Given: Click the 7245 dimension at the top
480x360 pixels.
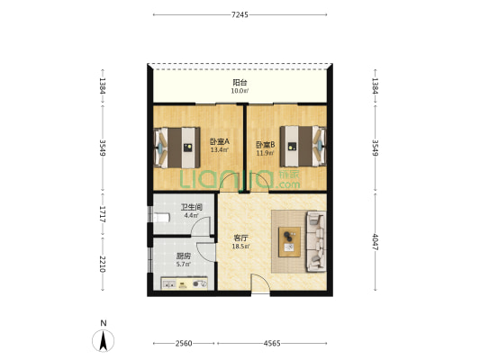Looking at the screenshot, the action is click(240, 14).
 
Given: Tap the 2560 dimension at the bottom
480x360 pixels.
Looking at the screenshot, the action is click(184, 344).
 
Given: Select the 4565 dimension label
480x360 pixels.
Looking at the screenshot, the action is click(272, 344).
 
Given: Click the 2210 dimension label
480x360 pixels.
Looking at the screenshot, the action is click(103, 264).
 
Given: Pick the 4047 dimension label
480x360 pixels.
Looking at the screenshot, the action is click(376, 242).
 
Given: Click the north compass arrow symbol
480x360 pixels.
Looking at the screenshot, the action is click(104, 340).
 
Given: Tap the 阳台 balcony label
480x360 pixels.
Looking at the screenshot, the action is click(240, 83).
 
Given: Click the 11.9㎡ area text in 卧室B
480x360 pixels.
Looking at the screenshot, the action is click(265, 153).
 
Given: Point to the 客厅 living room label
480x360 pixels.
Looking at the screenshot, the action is click(240, 238).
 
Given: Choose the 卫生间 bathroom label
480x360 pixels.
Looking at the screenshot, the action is click(192, 207).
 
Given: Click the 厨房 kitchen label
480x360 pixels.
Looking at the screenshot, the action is click(184, 256).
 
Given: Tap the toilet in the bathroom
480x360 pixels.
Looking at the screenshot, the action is click(161, 218).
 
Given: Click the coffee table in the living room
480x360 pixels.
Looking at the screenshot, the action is click(289, 242).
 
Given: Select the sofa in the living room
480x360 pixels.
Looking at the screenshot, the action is click(316, 241).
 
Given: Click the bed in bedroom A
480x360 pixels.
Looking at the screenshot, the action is click(177, 148).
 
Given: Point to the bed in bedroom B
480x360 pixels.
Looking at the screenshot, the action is click(303, 147).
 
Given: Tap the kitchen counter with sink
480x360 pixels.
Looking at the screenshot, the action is click(185, 283).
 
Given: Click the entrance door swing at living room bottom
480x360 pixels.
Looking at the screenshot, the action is click(260, 284).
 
